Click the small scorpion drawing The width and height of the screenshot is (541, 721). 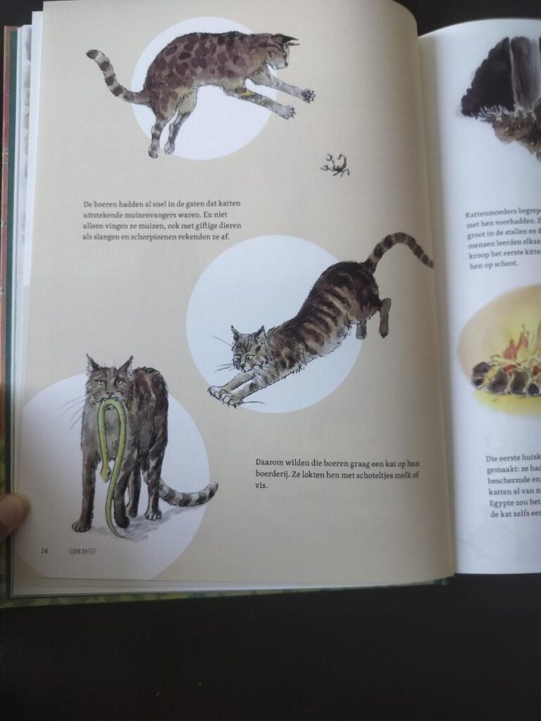click(335, 165)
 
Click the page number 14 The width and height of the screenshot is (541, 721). click(44, 551)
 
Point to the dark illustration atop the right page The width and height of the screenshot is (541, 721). click(504, 84)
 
